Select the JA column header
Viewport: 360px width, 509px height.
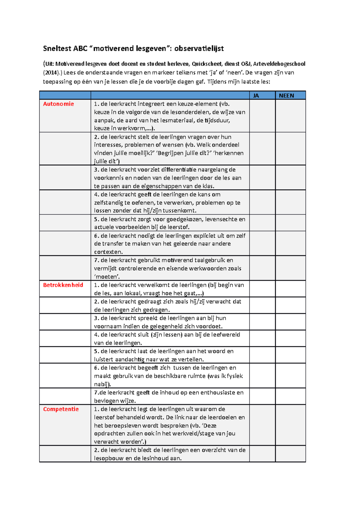256,96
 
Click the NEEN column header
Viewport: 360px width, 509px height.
286,96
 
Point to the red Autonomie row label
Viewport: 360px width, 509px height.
58,104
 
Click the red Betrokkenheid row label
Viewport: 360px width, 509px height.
63,285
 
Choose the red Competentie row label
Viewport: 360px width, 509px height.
61,409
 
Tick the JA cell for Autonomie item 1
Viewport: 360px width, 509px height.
262,116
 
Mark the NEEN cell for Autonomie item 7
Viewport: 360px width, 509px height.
290,268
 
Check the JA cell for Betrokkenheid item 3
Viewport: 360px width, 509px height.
262,322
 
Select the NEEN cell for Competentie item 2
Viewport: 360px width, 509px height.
290,454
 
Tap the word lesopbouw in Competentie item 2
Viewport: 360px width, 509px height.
109,458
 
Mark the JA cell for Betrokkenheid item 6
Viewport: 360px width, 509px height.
262,376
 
